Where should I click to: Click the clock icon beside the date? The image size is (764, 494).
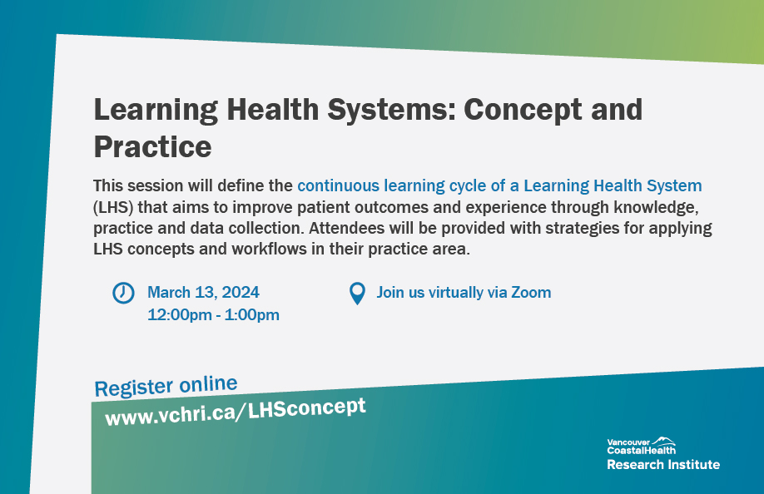(x=123, y=293)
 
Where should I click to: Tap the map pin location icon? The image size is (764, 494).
(x=357, y=293)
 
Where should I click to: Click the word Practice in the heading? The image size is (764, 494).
(x=152, y=146)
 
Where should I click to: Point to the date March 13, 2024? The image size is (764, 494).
(x=203, y=293)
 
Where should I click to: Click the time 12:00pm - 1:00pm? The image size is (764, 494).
(x=213, y=314)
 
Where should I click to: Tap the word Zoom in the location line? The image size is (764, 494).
(x=531, y=292)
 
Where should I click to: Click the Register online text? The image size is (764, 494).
(x=166, y=386)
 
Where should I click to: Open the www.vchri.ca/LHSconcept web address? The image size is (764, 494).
(x=235, y=410)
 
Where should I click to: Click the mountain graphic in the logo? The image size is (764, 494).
(x=663, y=440)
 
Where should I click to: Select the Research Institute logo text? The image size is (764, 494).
(x=662, y=464)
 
